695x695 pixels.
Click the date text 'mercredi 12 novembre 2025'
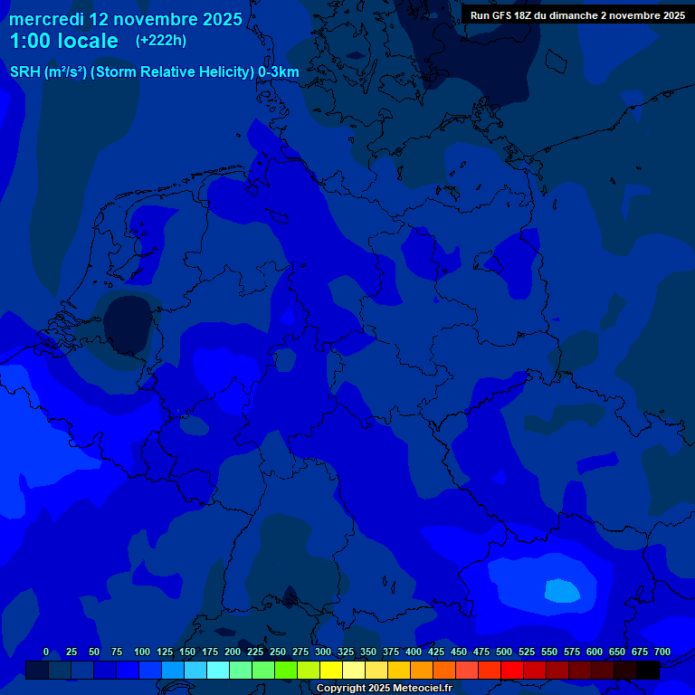[126, 19]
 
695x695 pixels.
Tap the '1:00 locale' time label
[63, 41]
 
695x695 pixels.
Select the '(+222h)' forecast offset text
[161, 41]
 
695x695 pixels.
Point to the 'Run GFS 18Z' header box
[577, 15]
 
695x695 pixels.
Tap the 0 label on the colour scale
[46, 652]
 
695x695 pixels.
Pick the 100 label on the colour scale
[141, 652]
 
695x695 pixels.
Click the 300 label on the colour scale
[323, 652]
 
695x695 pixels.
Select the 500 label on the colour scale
[504, 652]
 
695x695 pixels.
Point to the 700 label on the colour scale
[662, 652]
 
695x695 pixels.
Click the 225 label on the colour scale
[255, 652]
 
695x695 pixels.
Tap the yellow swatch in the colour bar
[331, 670]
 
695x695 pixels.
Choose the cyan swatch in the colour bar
[218, 670]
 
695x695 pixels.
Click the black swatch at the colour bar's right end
[648, 670]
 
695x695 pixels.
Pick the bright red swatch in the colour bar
[512, 670]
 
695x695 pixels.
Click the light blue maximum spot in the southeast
[562, 591]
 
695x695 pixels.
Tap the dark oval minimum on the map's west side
[128, 322]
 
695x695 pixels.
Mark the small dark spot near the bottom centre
[290, 596]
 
